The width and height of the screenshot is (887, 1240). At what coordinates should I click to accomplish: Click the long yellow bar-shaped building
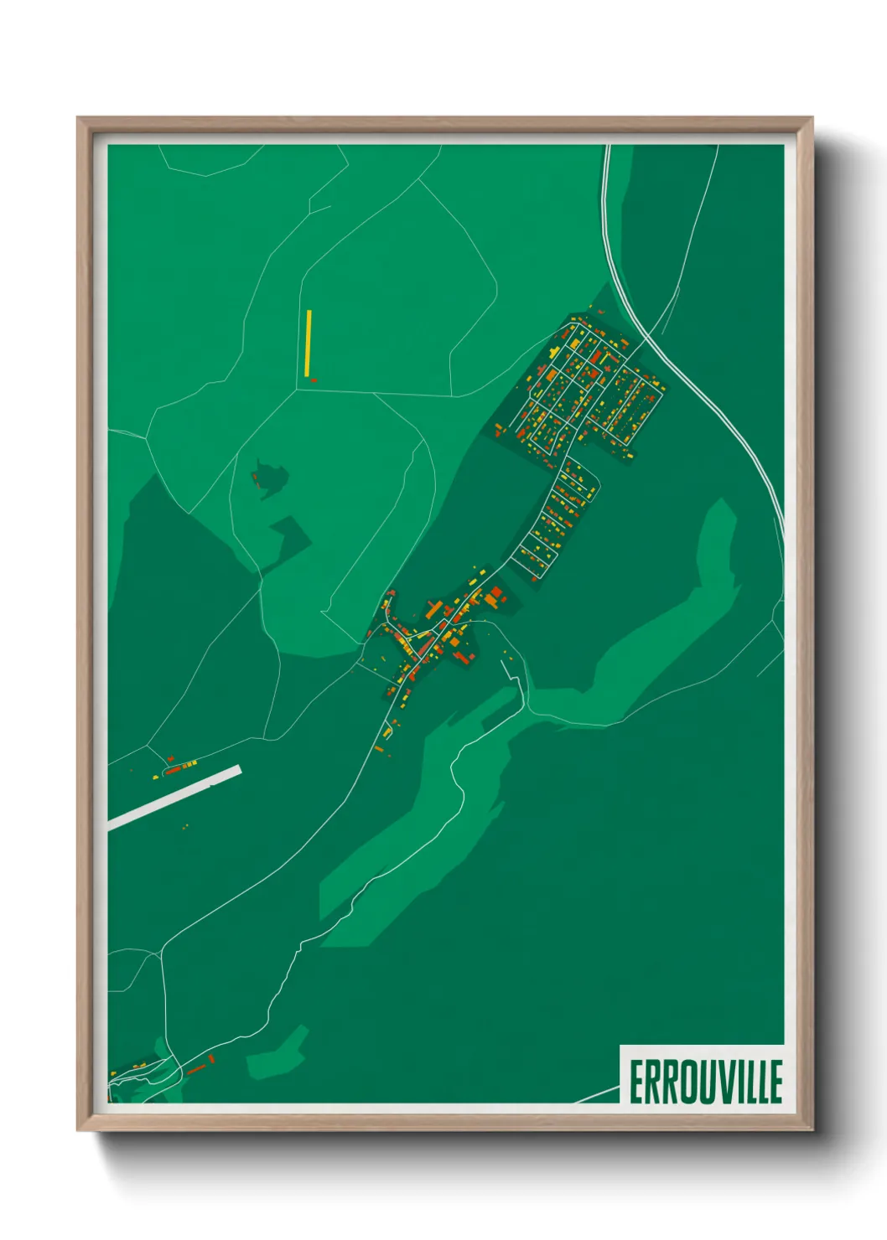(x=309, y=344)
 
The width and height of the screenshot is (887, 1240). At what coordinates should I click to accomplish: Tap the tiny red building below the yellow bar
(x=314, y=380)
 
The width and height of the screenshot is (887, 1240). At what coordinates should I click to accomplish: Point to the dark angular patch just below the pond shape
(x=288, y=535)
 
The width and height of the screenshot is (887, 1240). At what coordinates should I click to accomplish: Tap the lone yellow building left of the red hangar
(x=156, y=777)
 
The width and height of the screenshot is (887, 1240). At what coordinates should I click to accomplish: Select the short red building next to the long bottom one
(x=212, y=1059)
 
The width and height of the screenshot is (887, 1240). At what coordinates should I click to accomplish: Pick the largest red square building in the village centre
(x=495, y=593)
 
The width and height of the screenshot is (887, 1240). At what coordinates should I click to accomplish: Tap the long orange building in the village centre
(x=433, y=610)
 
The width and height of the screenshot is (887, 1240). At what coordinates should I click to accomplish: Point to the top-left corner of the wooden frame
(x=79, y=118)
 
